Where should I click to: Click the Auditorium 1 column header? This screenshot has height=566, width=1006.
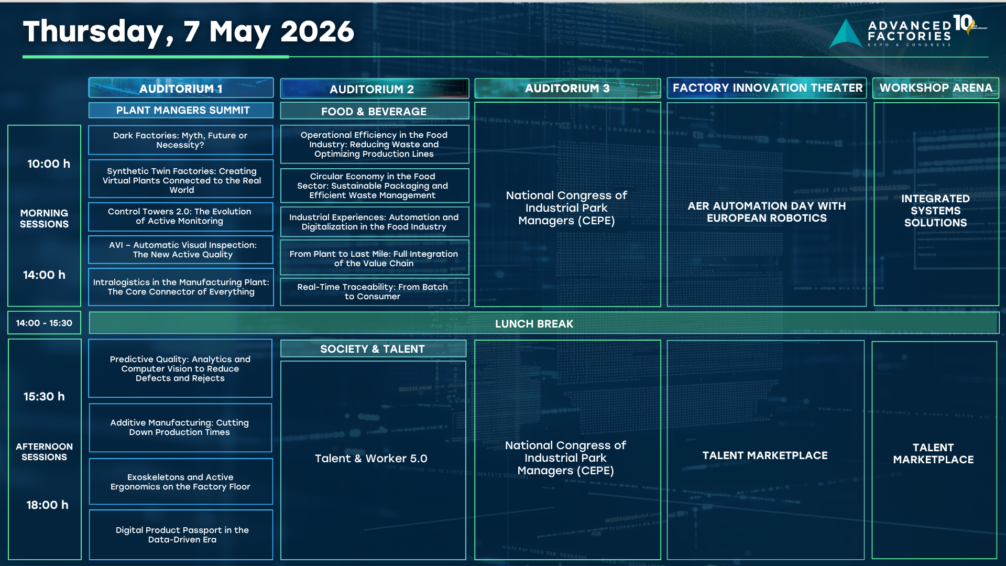(x=181, y=88)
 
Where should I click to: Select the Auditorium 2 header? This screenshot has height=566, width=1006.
(x=374, y=89)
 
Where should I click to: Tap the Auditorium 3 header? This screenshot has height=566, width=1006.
(x=567, y=88)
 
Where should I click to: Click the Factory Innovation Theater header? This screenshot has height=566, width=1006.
(x=767, y=88)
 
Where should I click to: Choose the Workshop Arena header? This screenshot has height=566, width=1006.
(x=936, y=88)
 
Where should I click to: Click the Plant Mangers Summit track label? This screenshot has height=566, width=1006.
(x=181, y=110)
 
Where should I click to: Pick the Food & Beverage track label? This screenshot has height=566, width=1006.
(x=374, y=111)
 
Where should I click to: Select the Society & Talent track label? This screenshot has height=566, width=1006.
(x=373, y=349)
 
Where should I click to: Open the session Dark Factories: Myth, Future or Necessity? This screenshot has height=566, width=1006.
(x=181, y=140)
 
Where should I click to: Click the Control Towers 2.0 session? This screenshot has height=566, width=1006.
(x=181, y=216)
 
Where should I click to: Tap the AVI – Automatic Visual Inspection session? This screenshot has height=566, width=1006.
(x=181, y=249)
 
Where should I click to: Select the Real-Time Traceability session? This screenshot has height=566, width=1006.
(x=374, y=291)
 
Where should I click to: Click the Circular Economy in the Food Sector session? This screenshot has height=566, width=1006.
(x=374, y=186)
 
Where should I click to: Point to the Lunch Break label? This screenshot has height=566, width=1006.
(x=534, y=324)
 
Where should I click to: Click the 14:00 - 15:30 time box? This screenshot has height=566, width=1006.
(x=44, y=323)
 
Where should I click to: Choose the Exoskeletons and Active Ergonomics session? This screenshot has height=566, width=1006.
(x=181, y=482)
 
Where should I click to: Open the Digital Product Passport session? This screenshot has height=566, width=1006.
(x=181, y=535)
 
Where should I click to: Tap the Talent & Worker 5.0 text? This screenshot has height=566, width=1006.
(x=371, y=459)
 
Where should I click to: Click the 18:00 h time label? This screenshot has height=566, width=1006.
(x=47, y=505)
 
